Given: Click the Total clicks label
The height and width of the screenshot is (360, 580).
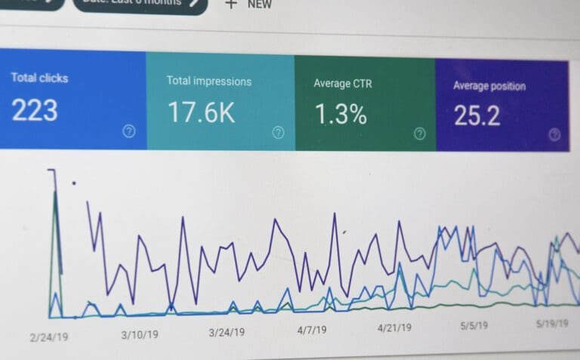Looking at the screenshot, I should [39, 78].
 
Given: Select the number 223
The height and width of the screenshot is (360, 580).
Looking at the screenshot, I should [35, 111].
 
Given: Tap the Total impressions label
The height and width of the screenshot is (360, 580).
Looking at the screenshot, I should [209, 81].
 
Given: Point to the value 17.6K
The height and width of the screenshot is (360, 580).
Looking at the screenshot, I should [201, 112].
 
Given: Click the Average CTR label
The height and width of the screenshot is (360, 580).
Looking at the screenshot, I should [343, 83].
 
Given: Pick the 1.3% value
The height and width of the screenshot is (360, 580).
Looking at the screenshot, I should [341, 115].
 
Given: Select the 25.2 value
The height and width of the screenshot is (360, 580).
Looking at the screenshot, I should [477, 116].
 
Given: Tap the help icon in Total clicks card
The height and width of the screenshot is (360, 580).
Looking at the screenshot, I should [129, 131].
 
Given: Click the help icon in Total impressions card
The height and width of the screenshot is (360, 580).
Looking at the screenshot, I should [278, 133].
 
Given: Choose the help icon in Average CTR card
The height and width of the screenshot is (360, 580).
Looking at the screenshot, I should [420, 134].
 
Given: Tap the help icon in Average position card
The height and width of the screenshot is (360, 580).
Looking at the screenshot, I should [554, 135].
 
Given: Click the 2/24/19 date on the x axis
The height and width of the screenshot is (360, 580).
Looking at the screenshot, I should [49, 337].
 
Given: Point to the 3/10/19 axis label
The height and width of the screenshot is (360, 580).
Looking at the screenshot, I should [140, 334].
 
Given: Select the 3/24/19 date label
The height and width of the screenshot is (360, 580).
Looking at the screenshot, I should [227, 332].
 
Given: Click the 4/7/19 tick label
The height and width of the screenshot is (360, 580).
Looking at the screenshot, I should [312, 330].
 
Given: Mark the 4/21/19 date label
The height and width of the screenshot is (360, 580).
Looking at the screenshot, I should [394, 328].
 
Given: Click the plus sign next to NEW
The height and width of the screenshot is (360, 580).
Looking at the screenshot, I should [230, 4].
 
